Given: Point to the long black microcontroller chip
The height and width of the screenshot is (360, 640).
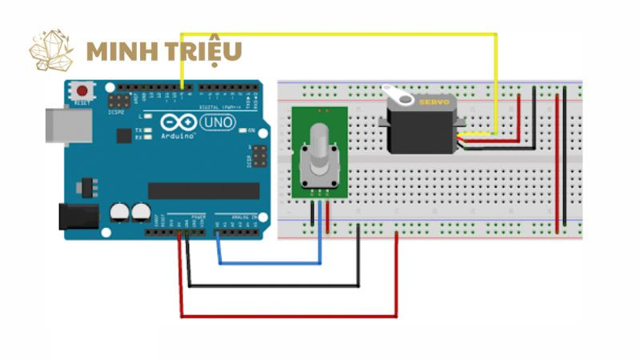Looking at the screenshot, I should click(203, 190).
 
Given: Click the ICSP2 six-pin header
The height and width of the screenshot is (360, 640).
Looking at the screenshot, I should click(120, 102).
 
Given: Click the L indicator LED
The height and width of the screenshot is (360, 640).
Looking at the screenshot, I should click(149, 116).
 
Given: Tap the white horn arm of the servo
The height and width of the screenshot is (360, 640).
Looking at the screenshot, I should click(399, 97).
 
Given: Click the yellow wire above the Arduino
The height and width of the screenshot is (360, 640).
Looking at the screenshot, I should click(336, 34).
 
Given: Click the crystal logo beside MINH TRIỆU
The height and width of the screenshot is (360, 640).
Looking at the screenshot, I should click(51, 50).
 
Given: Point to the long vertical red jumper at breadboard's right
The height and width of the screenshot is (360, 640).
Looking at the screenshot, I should click(557, 160).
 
